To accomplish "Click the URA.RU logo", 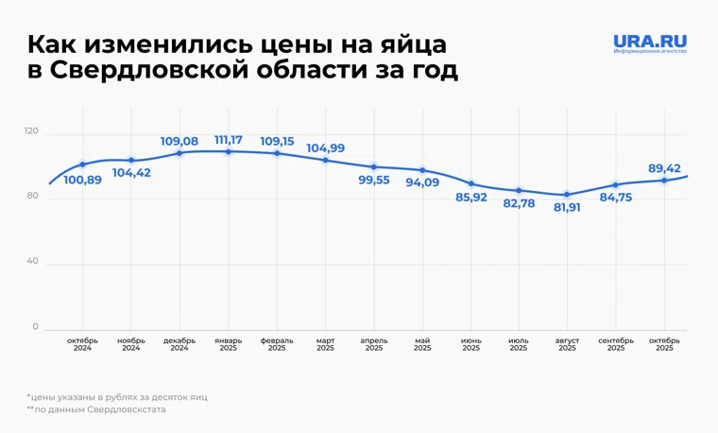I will point(649,43).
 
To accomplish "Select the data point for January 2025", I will point(229,151).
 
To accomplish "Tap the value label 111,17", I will point(229,140).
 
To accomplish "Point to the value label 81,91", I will point(568,207).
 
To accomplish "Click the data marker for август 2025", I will point(568,195).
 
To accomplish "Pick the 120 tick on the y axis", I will point(31,131).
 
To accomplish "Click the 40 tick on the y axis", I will point(33,262).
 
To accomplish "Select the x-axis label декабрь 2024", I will point(179,344).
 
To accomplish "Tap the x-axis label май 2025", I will point(422,344).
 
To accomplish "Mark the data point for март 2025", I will point(326,161).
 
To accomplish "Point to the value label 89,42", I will point(665,168).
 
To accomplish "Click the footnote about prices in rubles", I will point(117,397).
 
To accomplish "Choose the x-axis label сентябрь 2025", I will point(616,344).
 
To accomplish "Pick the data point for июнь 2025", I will point(471,184).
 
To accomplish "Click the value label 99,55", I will point(374,180).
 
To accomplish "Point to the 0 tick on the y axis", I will point(36,327).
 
